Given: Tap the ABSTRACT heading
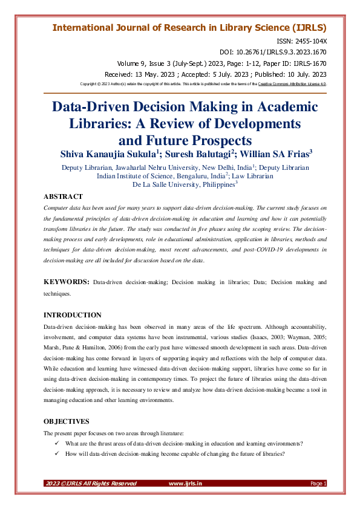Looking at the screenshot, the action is coord(64,196).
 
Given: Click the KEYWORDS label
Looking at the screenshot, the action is coord(67,282).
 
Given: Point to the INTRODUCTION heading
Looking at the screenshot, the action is coord(73,315).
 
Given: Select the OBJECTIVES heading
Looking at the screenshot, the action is coord(67,421).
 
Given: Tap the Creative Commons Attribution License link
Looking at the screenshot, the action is coord(292,83).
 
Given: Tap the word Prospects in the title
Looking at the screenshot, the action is coord(208,141).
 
